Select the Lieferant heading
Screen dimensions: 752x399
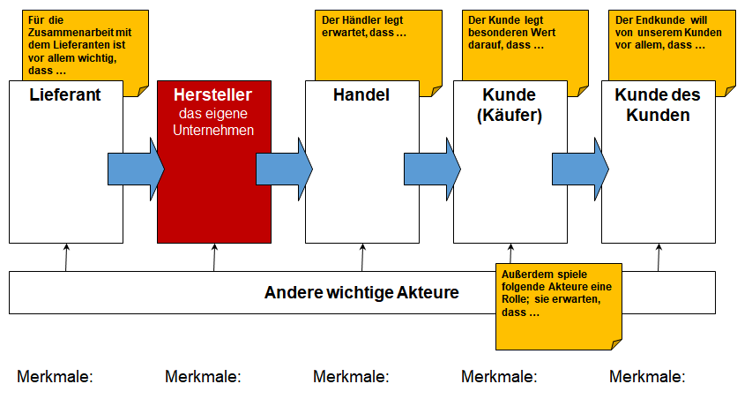point(65,94)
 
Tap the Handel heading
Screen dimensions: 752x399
point(361,94)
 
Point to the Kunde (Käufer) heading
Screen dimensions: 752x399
point(510,105)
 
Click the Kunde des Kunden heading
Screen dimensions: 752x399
point(658,105)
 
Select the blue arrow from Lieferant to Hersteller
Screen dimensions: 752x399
point(136,169)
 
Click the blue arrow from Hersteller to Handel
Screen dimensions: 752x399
point(285,169)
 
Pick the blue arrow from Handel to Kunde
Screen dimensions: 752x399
point(432,169)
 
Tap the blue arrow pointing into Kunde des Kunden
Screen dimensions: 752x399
point(580,169)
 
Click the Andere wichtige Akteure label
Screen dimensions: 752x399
point(361,292)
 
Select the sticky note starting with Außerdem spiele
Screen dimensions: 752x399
point(559,306)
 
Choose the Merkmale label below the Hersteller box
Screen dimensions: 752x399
point(203,376)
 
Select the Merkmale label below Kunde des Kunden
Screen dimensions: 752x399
point(647,376)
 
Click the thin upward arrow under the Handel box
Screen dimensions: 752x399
point(362,258)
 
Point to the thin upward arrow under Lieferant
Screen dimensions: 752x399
point(66,258)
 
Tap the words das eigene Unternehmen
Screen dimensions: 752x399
point(213,122)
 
